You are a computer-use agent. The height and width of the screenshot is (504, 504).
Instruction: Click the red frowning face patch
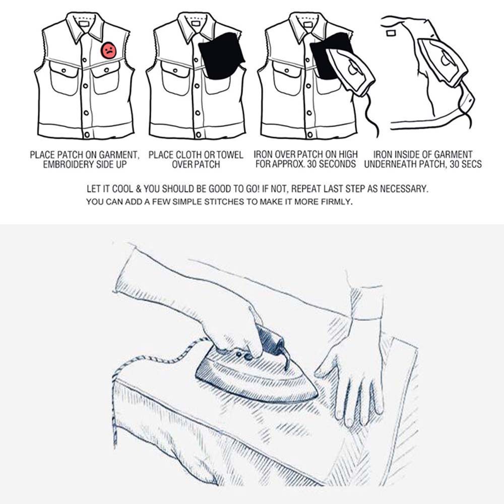click(109, 50)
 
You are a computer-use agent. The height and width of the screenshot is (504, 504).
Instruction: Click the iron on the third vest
click(350, 71)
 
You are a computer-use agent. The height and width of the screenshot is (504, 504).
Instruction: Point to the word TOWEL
click(230, 155)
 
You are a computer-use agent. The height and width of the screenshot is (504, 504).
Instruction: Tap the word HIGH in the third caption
click(347, 154)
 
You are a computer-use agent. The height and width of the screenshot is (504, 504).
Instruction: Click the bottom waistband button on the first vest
click(86, 135)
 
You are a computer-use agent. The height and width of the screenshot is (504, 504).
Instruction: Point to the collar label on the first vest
click(84, 24)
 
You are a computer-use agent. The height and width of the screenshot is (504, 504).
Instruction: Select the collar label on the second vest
click(196, 24)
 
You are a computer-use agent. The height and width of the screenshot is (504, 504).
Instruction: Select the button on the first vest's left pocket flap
click(64, 71)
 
